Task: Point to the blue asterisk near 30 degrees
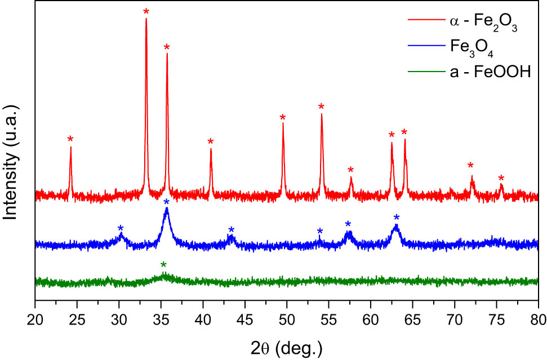point(121,228)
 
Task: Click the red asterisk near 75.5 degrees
point(501,179)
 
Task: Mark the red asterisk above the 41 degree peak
point(211,141)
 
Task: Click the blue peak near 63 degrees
point(397,227)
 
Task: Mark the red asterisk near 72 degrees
point(470,166)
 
